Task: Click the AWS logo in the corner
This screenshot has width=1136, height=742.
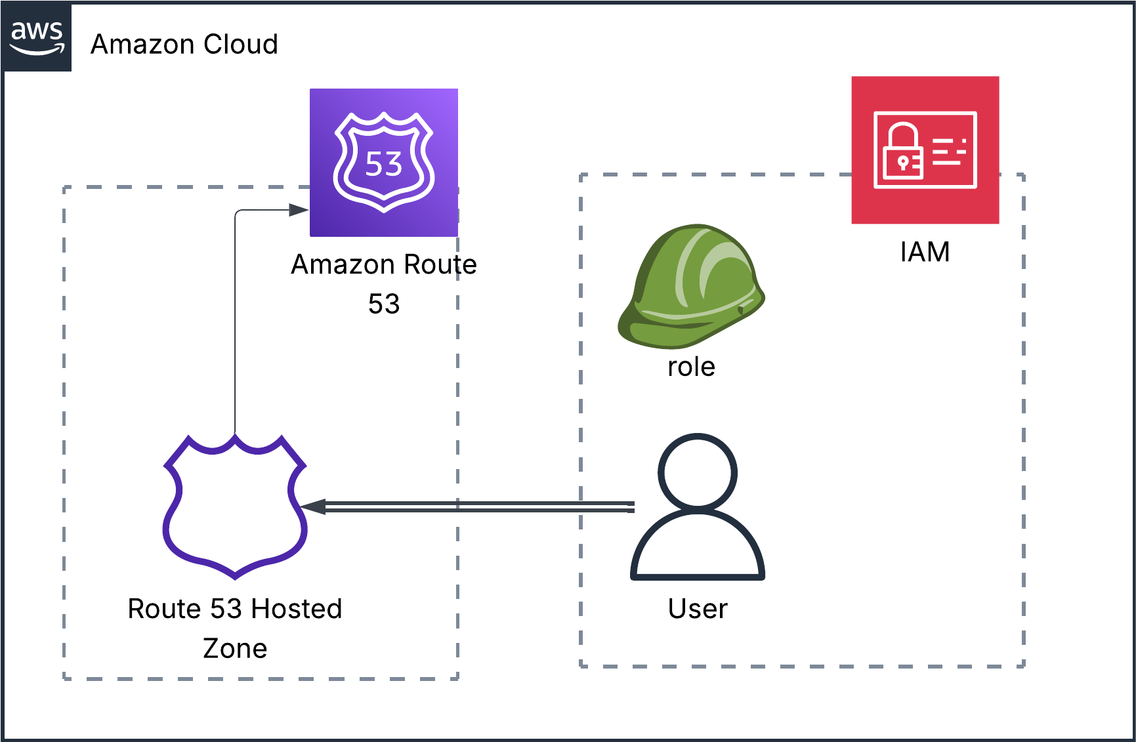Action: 37,37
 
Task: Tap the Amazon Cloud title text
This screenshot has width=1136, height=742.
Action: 184,45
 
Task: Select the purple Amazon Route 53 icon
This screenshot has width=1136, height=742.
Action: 384,162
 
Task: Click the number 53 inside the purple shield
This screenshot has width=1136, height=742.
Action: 384,164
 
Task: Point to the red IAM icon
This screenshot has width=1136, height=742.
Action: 925,150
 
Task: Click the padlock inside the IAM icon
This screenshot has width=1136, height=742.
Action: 903,152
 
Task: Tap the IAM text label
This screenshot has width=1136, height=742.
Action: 925,252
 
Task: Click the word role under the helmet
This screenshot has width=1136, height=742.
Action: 691,367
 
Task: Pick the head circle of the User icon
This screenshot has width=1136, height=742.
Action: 698,472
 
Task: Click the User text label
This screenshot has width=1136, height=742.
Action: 698,609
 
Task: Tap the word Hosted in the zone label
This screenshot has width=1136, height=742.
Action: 297,609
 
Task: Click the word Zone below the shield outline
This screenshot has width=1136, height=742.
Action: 235,648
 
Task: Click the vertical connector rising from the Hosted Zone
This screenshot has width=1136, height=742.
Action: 235,328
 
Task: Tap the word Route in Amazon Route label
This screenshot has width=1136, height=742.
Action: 440,264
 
